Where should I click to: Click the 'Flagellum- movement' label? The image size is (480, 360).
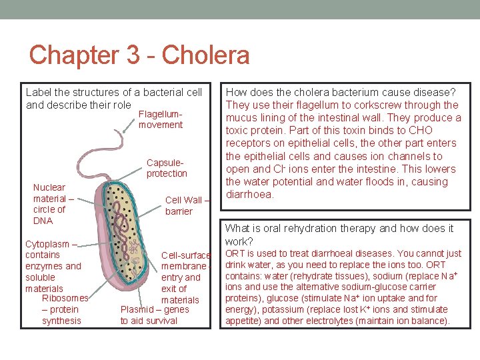coord(161,119)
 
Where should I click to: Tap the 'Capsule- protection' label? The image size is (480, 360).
coord(167,168)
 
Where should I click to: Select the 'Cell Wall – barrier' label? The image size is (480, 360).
coord(187,205)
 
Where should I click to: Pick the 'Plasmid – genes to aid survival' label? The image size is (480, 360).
coord(154,315)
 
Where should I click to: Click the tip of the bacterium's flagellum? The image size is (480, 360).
coord(123,131)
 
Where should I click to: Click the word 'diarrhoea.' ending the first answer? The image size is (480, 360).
coord(251,195)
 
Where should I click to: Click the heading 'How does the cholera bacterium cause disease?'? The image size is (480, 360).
coord(341,92)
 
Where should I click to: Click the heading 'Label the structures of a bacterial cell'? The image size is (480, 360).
coord(114,92)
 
